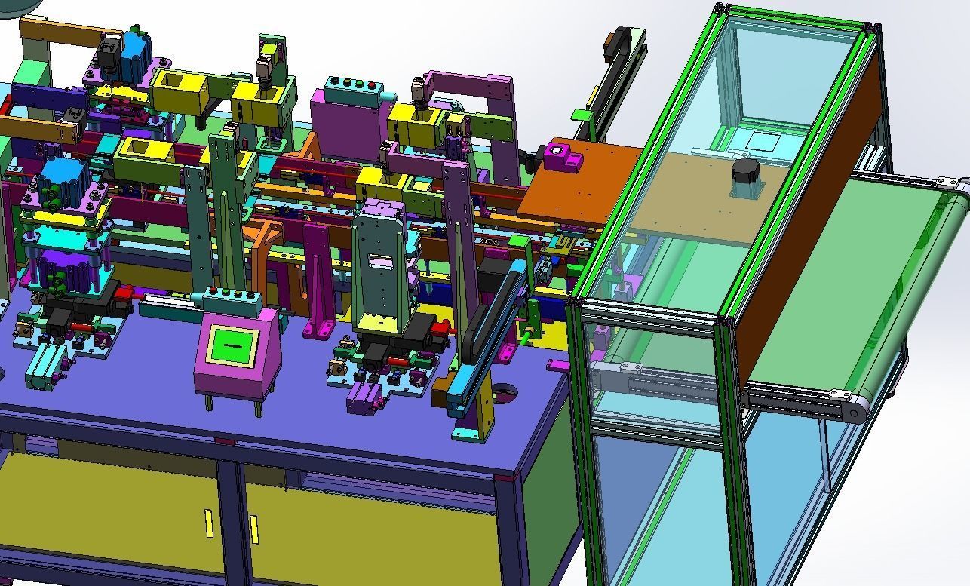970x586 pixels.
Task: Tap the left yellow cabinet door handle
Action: (x=209, y=523)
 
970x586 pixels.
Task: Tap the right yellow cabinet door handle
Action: (x=253, y=529)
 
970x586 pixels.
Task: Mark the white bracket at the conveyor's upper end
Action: (x=947, y=182)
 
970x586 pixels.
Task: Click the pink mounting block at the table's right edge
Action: (x=557, y=365)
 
